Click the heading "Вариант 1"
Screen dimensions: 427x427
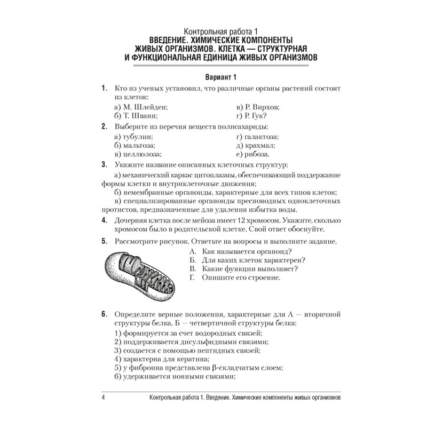[x=213, y=77]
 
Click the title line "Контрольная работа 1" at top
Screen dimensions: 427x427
[x=213, y=31]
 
